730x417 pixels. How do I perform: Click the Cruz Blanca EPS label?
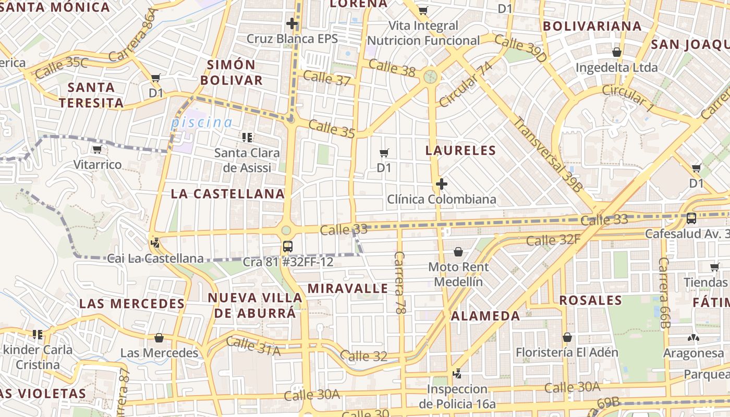(x=292, y=39)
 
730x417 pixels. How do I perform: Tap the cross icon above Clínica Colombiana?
(x=442, y=184)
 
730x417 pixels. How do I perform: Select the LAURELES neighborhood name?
(x=460, y=151)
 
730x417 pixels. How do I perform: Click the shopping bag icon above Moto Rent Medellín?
(x=458, y=252)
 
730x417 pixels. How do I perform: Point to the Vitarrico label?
(x=98, y=165)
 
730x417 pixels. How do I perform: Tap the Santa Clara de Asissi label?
(x=247, y=160)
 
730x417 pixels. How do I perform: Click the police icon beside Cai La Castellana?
(x=155, y=242)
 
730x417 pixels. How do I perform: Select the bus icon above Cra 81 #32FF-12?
(x=287, y=247)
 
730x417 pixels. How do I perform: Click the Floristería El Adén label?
(x=567, y=352)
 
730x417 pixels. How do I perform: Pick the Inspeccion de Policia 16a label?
(x=457, y=396)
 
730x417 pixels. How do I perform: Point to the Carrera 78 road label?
(x=400, y=283)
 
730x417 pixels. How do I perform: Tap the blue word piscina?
(x=202, y=122)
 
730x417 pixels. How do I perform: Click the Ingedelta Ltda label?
(x=616, y=68)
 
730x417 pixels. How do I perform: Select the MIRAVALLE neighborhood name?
(x=347, y=288)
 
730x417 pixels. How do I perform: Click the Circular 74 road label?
(x=466, y=84)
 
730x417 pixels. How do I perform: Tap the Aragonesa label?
(x=693, y=353)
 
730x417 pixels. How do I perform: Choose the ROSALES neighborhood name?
(x=591, y=300)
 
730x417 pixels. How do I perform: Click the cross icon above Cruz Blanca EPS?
(x=292, y=23)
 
